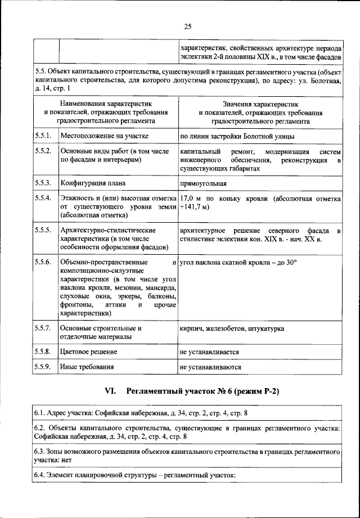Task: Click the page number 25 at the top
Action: pos(188,25)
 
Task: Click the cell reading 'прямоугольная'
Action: pos(203,183)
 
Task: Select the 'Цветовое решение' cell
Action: pos(89,352)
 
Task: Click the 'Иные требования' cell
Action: pos(87,367)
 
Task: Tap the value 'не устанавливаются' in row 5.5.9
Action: pos(210,367)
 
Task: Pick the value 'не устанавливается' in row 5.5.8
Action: pos(209,352)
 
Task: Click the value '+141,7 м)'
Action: pos(195,207)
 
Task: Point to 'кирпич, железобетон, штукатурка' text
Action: pos(232,328)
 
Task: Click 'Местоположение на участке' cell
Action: pos(104,136)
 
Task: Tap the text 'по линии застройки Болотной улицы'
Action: pos(236,136)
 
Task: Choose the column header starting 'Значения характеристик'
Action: pos(260,112)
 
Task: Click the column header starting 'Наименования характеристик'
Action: pos(106,112)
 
